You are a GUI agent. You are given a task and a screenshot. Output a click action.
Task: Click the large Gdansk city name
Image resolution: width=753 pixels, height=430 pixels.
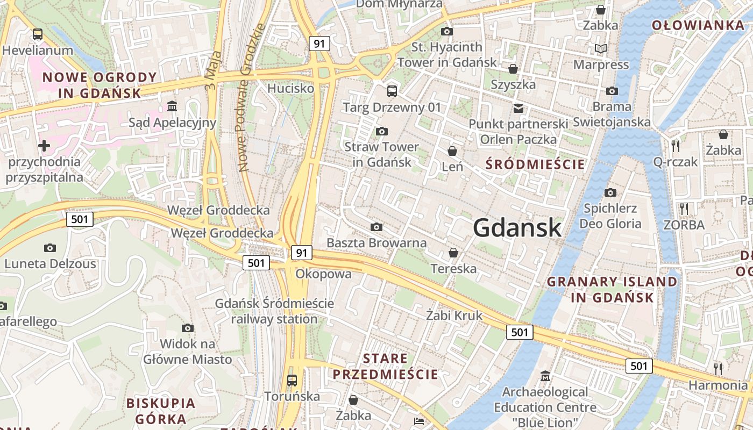[517, 228]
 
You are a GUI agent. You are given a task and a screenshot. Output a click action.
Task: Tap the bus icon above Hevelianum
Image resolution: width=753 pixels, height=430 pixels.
[38, 34]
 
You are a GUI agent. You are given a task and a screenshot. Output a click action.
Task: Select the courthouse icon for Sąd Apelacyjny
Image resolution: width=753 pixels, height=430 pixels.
[172, 106]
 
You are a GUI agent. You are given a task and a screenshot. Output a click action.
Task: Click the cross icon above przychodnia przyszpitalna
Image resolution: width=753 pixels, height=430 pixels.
[44, 145]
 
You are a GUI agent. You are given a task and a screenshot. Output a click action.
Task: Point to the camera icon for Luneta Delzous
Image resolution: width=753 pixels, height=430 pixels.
[50, 248]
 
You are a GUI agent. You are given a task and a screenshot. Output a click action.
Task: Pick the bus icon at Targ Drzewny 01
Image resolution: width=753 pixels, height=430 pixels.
[392, 91]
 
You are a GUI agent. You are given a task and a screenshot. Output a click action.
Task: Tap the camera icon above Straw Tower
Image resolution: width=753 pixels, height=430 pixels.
[382, 131]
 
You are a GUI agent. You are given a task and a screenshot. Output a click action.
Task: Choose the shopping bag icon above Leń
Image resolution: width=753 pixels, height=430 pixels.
[452, 151]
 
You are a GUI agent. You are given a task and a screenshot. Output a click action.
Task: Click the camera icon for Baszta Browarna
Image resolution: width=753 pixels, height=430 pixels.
[376, 227]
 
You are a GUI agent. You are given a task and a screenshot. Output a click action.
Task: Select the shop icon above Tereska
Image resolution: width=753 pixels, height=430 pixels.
[453, 253]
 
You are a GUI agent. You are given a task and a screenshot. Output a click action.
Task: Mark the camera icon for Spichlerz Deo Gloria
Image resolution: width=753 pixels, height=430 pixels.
[610, 192]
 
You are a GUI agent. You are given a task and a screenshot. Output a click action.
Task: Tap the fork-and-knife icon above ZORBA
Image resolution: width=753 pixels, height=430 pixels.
[684, 209]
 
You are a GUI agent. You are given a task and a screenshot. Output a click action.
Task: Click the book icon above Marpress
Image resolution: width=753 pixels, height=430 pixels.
[601, 49]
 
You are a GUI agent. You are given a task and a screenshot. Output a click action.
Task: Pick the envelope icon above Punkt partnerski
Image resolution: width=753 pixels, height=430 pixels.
[518, 108]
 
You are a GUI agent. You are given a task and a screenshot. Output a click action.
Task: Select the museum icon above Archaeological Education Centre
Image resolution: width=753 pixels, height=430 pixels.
[545, 376]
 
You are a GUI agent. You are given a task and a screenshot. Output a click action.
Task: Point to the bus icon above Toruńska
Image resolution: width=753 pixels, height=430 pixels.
[292, 381]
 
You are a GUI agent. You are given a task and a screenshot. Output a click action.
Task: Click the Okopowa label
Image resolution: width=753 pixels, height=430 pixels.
[323, 274]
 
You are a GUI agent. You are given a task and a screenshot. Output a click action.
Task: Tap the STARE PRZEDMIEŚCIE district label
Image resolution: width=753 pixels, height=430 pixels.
[385, 366]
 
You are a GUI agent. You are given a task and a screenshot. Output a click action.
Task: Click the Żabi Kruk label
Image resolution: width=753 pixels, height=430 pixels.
[454, 315]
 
